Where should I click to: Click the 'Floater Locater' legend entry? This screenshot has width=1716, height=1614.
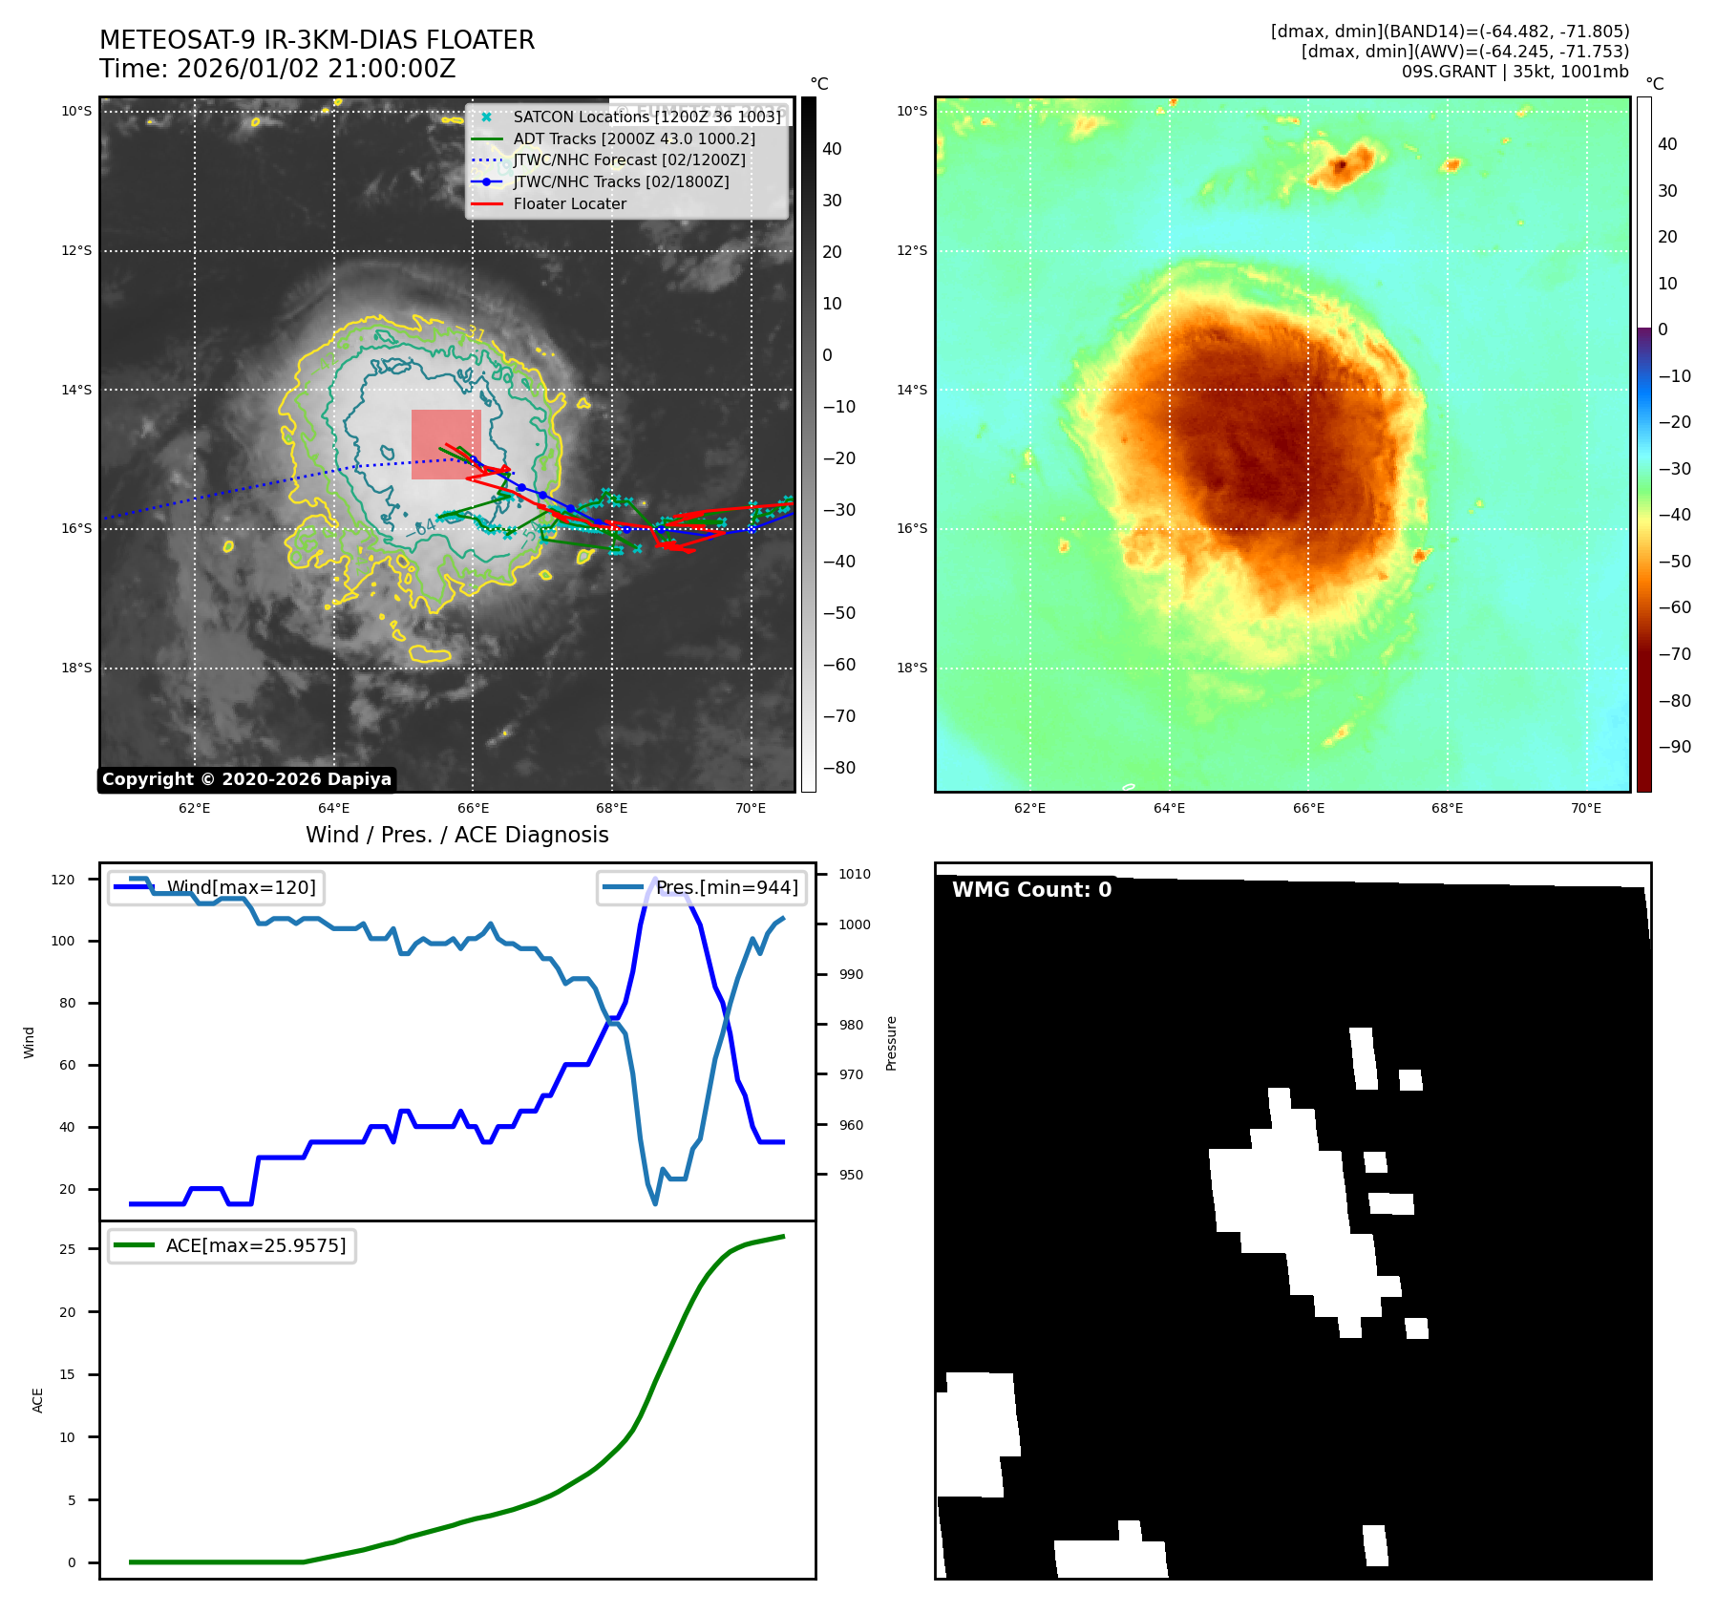click(569, 203)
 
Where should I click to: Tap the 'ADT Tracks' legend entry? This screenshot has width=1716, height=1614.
click(634, 138)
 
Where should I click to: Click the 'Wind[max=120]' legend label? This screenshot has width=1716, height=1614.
click(241, 887)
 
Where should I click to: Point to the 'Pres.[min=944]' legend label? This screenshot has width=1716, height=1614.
click(726, 887)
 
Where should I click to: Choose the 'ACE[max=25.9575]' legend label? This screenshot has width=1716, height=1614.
click(255, 1245)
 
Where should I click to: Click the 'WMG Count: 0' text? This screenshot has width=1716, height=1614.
click(1031, 889)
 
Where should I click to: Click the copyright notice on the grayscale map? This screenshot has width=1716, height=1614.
click(246, 779)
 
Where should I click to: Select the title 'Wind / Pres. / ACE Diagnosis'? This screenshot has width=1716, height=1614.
click(456, 835)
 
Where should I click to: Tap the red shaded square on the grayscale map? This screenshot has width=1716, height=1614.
click(446, 444)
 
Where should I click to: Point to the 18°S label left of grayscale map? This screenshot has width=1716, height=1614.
click(76, 668)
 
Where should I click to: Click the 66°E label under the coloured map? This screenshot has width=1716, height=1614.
click(1308, 808)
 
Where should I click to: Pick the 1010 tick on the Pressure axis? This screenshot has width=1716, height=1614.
click(855, 874)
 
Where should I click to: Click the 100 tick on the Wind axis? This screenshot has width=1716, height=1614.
click(63, 941)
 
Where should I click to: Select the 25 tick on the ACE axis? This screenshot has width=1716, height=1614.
click(67, 1249)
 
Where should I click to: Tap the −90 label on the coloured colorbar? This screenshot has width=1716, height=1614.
click(1674, 747)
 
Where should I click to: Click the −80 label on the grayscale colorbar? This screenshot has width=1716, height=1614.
click(839, 768)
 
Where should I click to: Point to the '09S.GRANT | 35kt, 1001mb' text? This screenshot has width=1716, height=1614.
click(1515, 72)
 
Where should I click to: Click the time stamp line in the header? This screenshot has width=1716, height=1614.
click(277, 69)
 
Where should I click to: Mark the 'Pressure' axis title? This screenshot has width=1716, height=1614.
click(891, 1043)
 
